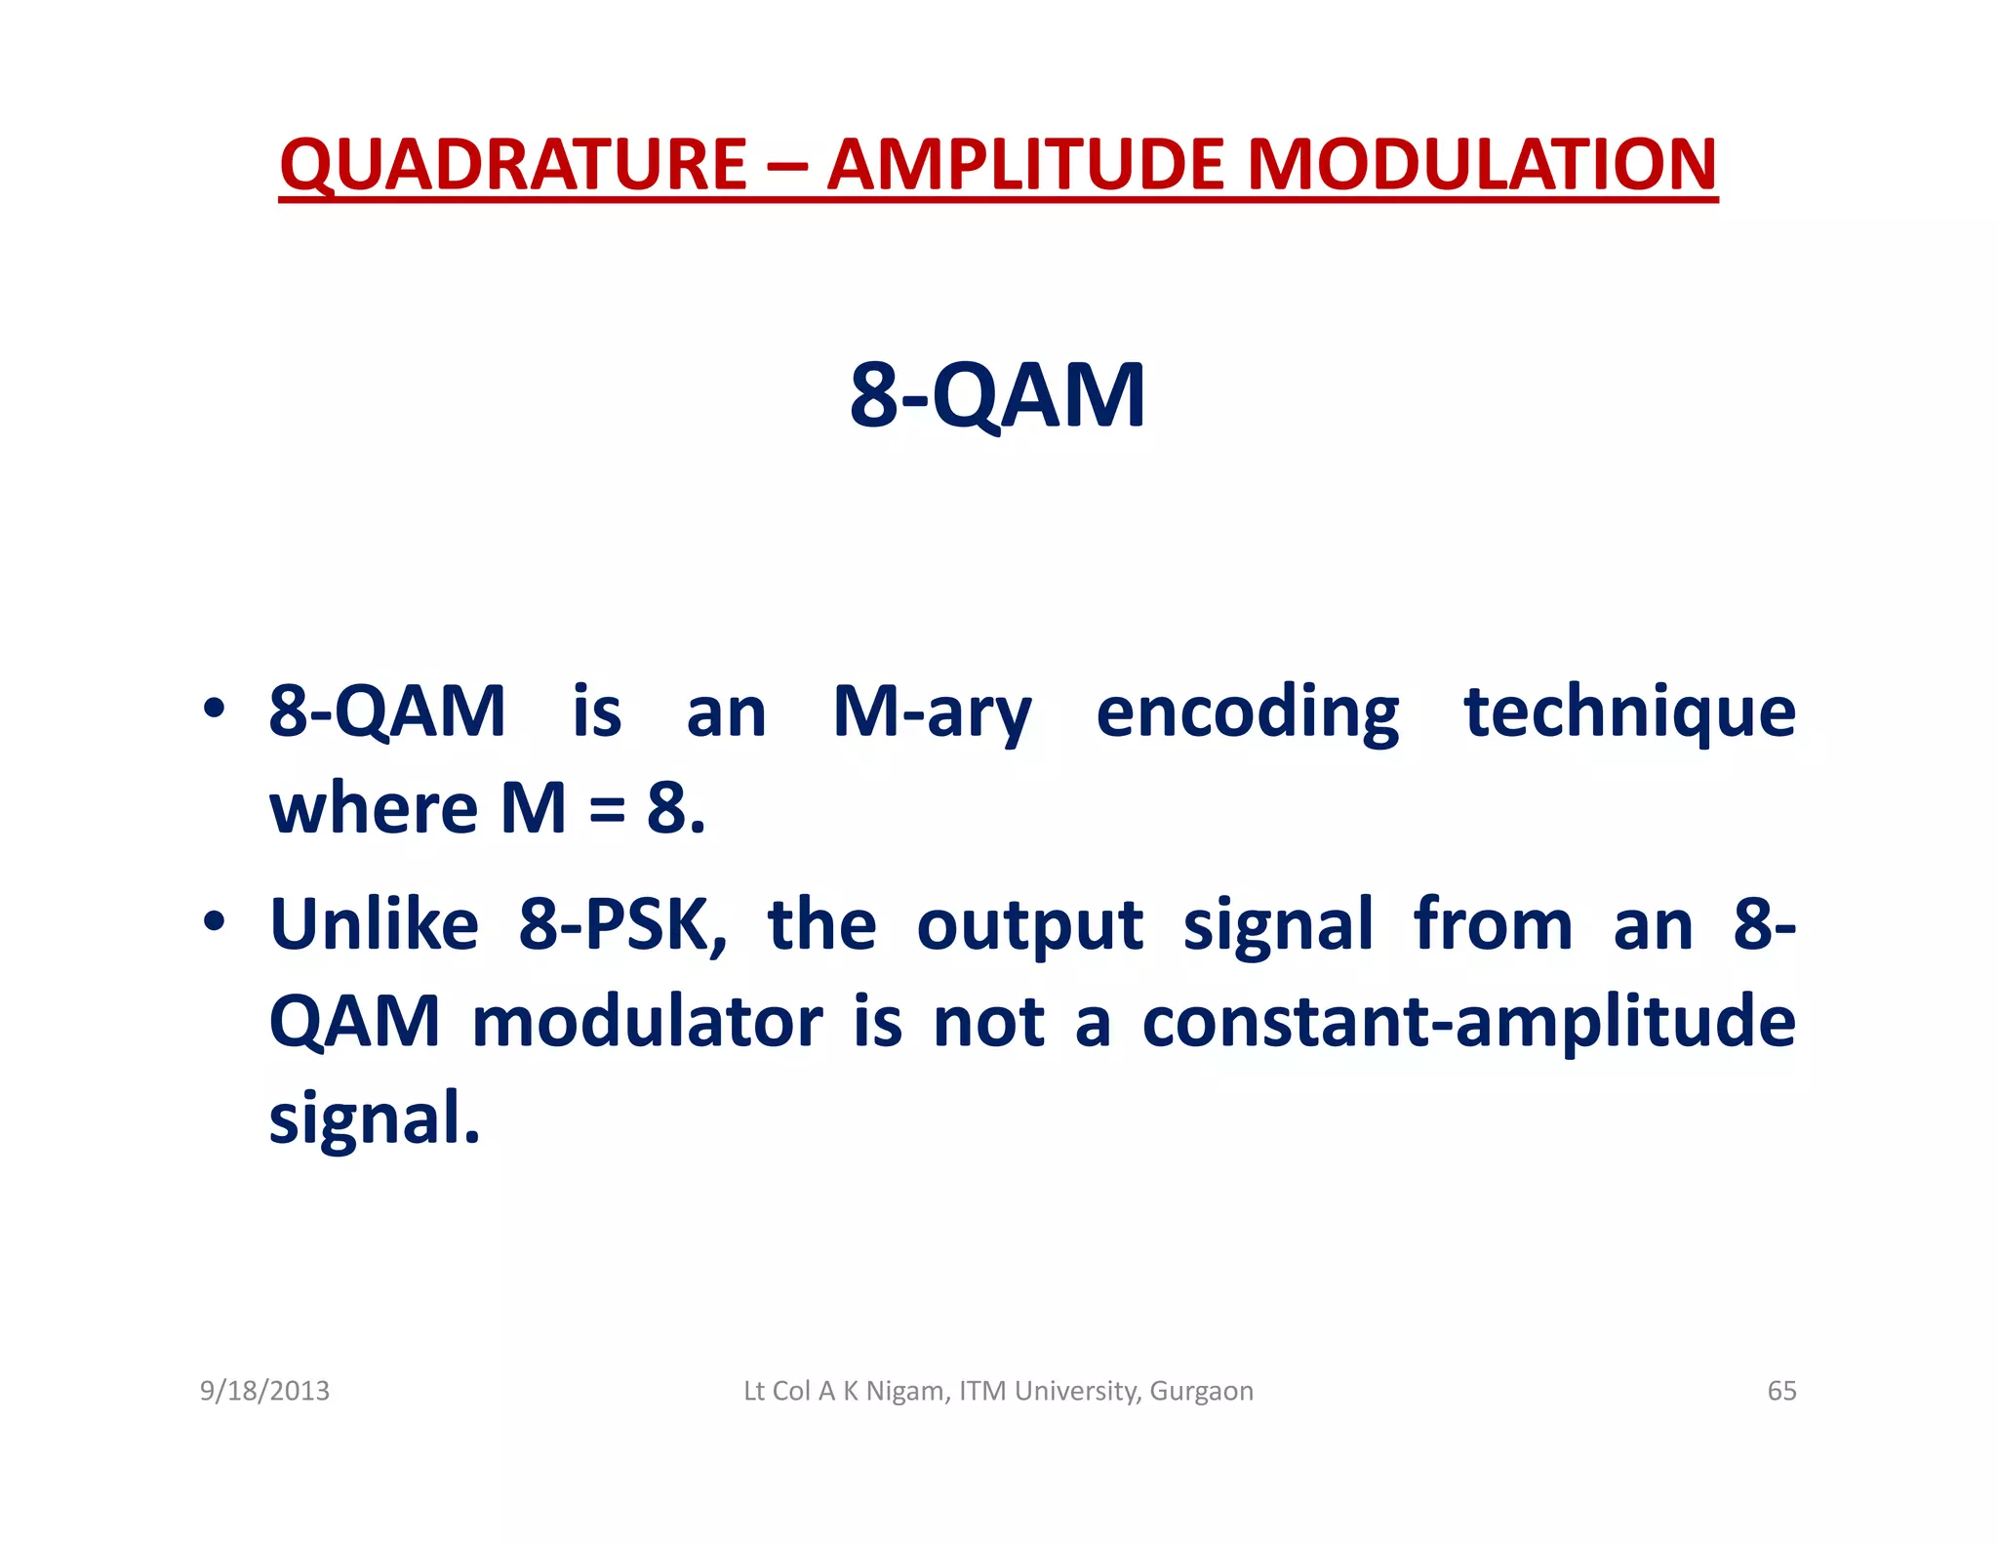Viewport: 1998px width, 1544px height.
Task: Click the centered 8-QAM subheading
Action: pyautogui.click(x=997, y=395)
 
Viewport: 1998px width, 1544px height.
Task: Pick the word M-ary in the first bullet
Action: pyautogui.click(x=932, y=712)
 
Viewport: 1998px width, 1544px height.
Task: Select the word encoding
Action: pyautogui.click(x=1247, y=712)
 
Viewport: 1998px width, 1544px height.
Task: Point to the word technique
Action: pyautogui.click(x=1629, y=712)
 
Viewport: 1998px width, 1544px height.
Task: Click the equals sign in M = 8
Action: pyautogui.click(x=606, y=810)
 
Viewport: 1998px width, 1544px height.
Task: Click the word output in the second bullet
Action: pyautogui.click(x=1029, y=925)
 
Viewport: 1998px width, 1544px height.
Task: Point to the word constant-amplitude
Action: pyautogui.click(x=1468, y=1022)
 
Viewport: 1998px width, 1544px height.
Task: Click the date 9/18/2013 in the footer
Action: pyautogui.click(x=264, y=1391)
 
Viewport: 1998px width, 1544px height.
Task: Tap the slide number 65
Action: pyautogui.click(x=1781, y=1391)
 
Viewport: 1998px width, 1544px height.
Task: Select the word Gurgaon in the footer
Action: pyautogui.click(x=1201, y=1391)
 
